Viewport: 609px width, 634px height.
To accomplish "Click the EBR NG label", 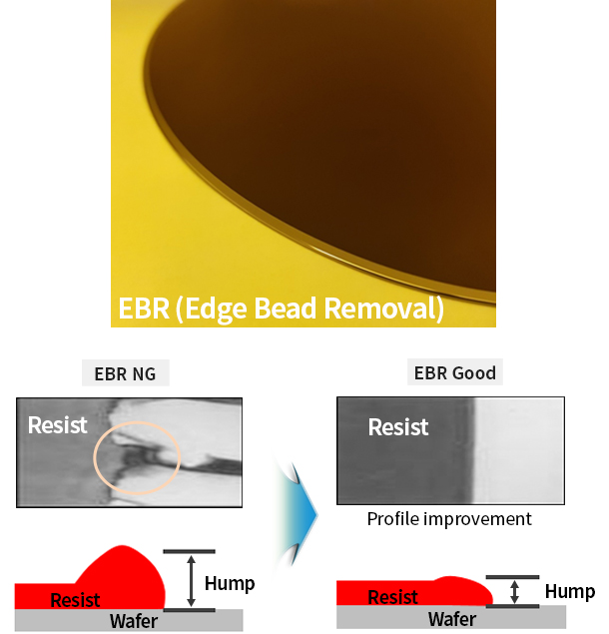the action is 126,373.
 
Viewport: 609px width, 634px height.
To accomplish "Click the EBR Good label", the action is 455,372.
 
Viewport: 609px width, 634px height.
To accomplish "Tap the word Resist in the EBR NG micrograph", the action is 58,425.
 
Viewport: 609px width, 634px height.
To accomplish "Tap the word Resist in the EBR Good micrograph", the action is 398,427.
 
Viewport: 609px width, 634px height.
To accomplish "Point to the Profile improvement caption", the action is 449,519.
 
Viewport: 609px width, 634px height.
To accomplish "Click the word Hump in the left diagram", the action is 230,583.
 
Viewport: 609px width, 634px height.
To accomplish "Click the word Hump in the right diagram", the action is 570,591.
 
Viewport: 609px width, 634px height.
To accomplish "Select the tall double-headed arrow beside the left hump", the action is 192,581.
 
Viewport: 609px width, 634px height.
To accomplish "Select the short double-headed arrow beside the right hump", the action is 514,591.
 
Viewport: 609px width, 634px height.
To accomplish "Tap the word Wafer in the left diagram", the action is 134,621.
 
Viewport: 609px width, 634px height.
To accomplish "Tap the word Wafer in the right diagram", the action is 452,619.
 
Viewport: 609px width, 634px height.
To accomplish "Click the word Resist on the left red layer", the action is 75,600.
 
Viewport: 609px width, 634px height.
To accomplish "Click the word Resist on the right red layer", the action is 392,597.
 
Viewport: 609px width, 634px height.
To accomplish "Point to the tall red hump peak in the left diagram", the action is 122,547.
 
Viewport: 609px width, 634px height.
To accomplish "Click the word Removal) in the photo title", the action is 384,309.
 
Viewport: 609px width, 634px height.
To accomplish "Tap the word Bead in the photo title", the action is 286,309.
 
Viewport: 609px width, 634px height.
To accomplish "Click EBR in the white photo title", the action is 144,309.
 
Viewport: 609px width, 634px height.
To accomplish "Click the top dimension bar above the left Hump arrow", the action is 189,551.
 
